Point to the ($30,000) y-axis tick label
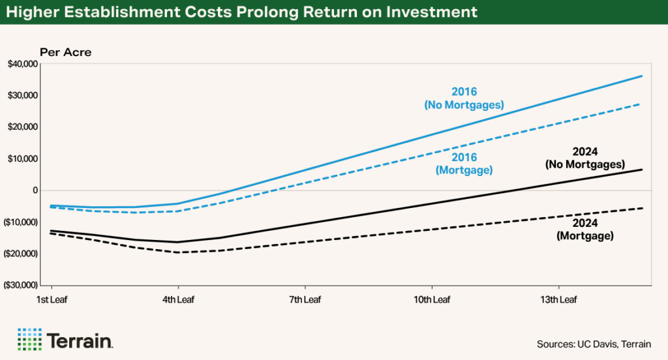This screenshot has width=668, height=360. tap(21, 286)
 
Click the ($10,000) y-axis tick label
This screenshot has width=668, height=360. tap(21, 222)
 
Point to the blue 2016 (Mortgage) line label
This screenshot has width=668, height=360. tap(464, 164)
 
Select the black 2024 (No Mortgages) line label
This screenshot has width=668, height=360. tap(585, 158)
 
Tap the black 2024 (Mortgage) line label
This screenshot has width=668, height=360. tap(585, 230)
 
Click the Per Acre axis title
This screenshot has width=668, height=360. tap(65, 52)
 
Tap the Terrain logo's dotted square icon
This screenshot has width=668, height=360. tap(29, 339)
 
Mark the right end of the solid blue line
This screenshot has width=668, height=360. tap(642, 76)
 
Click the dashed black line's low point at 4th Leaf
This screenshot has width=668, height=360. tap(178, 252)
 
